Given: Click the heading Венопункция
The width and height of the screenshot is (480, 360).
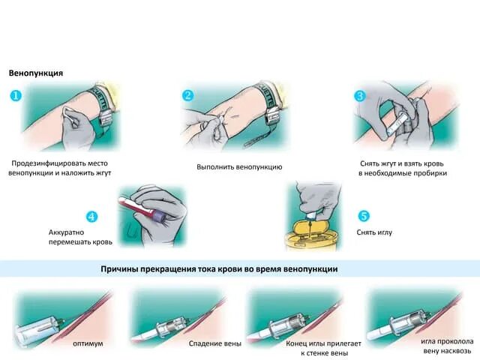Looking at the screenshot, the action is click(36, 73).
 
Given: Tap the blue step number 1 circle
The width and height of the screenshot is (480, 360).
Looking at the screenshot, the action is click(16, 96).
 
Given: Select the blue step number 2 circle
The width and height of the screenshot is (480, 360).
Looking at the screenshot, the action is click(188, 95).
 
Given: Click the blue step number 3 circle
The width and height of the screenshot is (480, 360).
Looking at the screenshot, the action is click(360, 96).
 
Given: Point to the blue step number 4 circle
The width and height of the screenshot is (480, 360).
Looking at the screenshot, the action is click(91, 217).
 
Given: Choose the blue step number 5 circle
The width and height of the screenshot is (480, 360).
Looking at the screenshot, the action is click(364, 216).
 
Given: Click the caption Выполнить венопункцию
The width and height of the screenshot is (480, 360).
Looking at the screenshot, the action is click(239, 167).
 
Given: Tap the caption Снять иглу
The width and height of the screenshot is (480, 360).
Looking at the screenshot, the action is click(374, 232).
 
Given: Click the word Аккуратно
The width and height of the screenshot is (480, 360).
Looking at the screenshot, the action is click(66, 232).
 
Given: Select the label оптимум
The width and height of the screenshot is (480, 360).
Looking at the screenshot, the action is click(88, 343).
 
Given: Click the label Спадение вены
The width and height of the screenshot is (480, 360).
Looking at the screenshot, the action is click(215, 343).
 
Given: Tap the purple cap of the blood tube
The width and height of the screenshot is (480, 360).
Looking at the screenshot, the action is click(160, 216).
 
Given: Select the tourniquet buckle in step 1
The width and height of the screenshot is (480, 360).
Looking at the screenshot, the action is click(106, 117).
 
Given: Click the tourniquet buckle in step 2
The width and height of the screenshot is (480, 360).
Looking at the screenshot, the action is click(271, 115).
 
